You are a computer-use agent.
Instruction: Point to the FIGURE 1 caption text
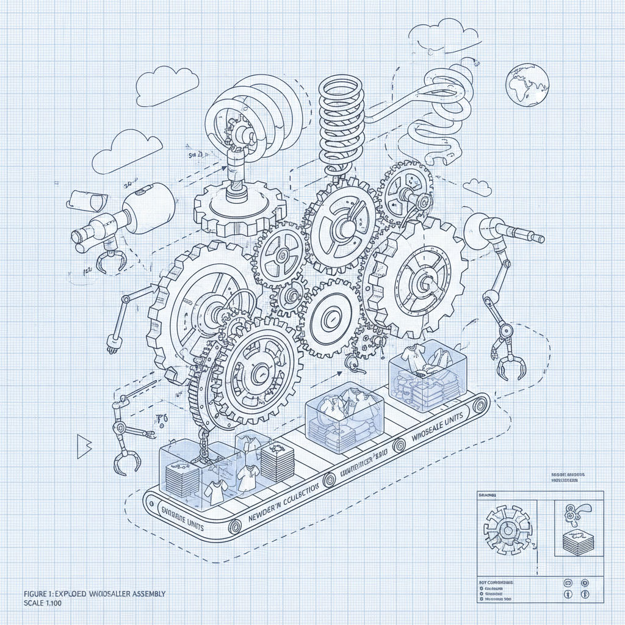click(95, 593)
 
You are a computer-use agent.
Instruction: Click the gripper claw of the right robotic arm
click(511, 366)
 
